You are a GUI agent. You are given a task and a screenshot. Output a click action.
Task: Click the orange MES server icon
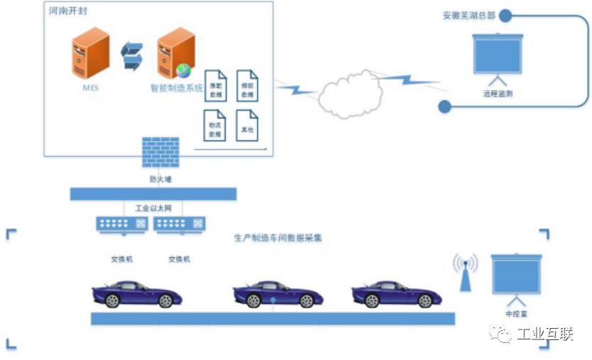[x=90, y=53]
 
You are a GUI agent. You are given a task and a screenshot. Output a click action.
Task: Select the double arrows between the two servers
[x=132, y=56]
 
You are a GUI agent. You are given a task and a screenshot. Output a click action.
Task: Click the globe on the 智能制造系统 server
[x=184, y=70]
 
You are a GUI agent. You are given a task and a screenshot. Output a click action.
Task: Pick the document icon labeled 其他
[x=246, y=125]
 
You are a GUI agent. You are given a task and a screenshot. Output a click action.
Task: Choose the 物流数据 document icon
[x=214, y=125]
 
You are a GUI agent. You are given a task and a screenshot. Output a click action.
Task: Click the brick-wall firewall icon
[x=160, y=154]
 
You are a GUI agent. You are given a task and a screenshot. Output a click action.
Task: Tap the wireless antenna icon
[x=465, y=271]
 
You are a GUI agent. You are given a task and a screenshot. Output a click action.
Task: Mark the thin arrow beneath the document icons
[x=230, y=150]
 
